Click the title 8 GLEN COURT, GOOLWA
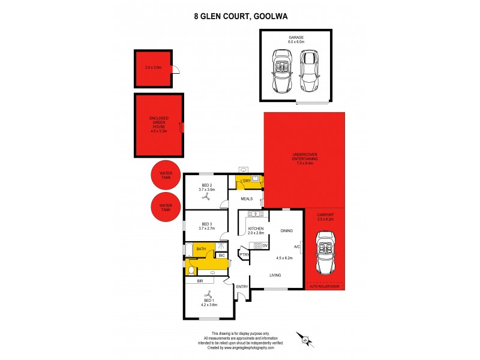coord(240,17)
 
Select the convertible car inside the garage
coord(281,71)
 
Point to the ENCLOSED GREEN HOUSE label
coord(159,123)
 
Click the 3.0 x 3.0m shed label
coord(153,67)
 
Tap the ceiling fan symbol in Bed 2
coord(206,197)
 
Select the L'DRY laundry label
coord(245,181)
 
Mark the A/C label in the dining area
coord(296,246)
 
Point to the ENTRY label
coord(242,287)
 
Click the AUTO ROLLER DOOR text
coord(325,287)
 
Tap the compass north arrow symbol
coord(305,340)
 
